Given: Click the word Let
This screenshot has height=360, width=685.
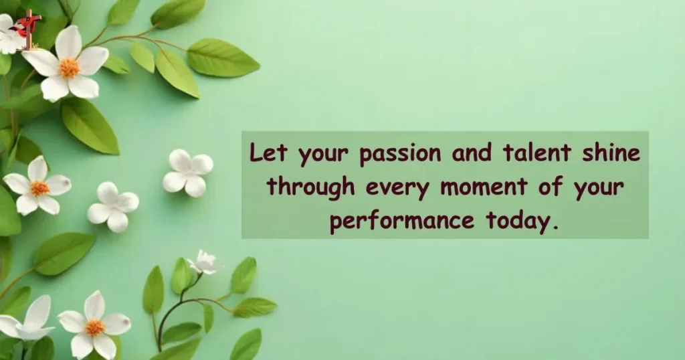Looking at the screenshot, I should click(269, 155).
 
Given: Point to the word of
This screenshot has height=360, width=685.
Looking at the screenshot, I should click(552, 188).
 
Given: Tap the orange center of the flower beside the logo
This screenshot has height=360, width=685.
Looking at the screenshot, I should click(69, 68).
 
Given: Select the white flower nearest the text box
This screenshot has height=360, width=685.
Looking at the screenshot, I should click(188, 173).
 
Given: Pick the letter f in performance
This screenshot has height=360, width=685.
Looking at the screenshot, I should click(376, 221).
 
